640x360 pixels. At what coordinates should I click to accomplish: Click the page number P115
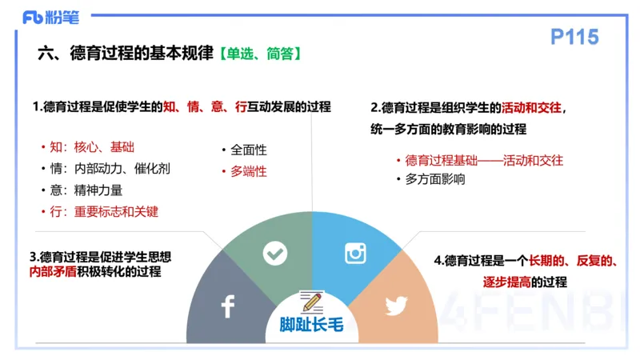tap(574, 38)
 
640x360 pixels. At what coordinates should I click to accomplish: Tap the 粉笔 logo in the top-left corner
tap(45, 16)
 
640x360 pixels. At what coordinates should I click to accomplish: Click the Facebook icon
tap(227, 306)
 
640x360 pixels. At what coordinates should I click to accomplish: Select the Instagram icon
tap(355, 254)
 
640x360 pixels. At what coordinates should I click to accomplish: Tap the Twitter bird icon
tap(396, 306)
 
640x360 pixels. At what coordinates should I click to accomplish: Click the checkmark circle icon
tap(275, 254)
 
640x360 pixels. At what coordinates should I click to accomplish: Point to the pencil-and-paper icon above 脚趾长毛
tap(311, 302)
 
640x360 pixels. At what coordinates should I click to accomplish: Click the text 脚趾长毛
tap(312, 325)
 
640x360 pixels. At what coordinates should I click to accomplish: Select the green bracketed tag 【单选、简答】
tap(259, 54)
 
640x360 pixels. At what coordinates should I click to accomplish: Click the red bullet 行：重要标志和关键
tap(105, 212)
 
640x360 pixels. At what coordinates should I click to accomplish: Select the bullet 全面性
tap(248, 150)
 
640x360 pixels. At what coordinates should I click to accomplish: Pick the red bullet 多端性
tap(248, 171)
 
